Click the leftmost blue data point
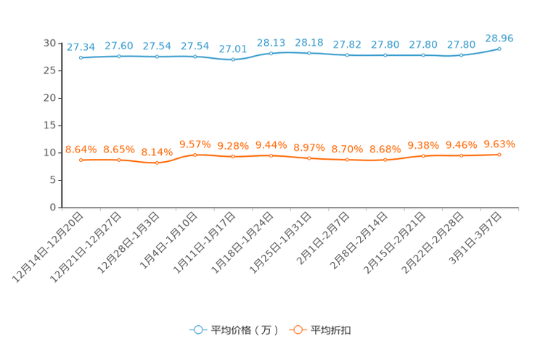pyautogui.click(x=81, y=57)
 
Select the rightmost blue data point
pyautogui.click(x=499, y=49)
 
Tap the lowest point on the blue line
pyautogui.click(x=233, y=60)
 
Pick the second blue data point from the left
pyautogui.click(x=118, y=56)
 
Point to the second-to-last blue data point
pyautogui.click(x=461, y=55)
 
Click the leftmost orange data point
pyautogui.click(x=81, y=160)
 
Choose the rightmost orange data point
pyautogui.click(x=499, y=155)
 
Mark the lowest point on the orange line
pyautogui.click(x=157, y=163)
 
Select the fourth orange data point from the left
pyautogui.click(x=195, y=155)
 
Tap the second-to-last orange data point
pyautogui.click(x=461, y=155)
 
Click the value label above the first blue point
pyautogui.click(x=81, y=47)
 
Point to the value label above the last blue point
pyautogui.click(x=499, y=38)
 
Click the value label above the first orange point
pyautogui.click(x=81, y=150)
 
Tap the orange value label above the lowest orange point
pyautogui.click(x=157, y=152)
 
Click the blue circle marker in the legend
pyautogui.click(x=197, y=330)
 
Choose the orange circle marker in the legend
pyautogui.click(x=296, y=330)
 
